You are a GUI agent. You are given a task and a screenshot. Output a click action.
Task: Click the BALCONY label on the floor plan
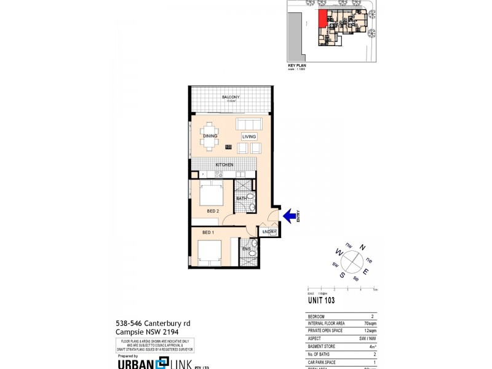231,97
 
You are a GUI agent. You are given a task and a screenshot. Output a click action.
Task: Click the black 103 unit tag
228,147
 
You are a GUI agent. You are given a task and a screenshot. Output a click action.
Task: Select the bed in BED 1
209,253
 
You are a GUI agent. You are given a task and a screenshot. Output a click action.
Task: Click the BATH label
241,198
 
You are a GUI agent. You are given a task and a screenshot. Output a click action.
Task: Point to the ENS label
245,249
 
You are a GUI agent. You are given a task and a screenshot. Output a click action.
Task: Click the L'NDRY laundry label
269,231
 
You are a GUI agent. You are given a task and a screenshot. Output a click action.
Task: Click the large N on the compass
363,247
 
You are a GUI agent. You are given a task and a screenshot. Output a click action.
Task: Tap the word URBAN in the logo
135,363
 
